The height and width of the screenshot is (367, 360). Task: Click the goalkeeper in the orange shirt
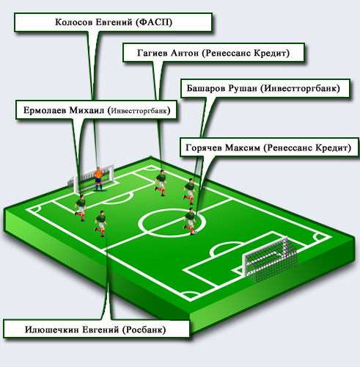pos(98,178)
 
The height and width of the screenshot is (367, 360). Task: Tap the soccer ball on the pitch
pos(195,233)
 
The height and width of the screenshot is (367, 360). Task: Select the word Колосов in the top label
pos(74,22)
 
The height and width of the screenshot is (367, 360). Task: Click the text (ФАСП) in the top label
pos(155,22)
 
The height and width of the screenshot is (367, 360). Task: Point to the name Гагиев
pos(153,53)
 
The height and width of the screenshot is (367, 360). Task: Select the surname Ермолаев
pos(45,110)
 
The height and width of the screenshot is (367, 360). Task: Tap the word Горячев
pos(203,148)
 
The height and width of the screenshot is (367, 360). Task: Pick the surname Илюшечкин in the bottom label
pos(51,330)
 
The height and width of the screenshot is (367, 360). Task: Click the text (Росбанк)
pos(144,330)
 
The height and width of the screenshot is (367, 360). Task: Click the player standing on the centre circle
pos(190,221)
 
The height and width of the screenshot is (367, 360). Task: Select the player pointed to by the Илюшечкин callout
pos(100,223)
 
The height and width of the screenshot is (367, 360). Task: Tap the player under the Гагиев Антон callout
pos(161,182)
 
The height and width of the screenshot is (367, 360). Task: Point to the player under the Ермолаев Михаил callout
pos(81,208)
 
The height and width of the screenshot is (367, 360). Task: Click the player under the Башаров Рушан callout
pos(190,192)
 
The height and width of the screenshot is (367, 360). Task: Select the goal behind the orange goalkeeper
pos(91,178)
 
